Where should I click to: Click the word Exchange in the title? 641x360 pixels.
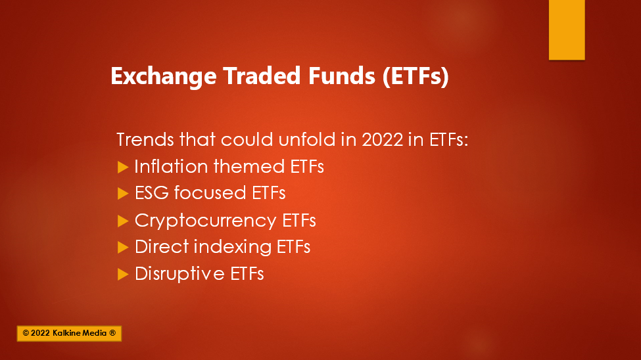click(164, 77)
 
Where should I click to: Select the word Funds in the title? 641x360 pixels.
click(342, 76)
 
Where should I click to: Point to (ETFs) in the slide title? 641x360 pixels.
click(415, 76)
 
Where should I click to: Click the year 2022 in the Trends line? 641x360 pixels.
click(383, 139)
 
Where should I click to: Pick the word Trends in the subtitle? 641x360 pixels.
click(145, 139)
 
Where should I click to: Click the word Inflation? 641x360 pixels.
click(171, 166)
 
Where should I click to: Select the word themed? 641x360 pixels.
click(249, 166)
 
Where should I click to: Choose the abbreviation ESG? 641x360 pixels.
click(152, 193)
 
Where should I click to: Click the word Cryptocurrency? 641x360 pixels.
click(206, 221)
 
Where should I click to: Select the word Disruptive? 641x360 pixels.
click(179, 274)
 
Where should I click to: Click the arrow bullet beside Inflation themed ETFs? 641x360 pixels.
click(123, 167)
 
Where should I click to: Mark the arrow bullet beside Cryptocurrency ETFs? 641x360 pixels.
click(123, 221)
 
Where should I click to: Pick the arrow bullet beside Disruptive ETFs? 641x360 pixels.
click(123, 274)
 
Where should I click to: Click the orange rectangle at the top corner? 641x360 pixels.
click(567, 30)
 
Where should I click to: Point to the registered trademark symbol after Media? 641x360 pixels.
click(112, 333)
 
